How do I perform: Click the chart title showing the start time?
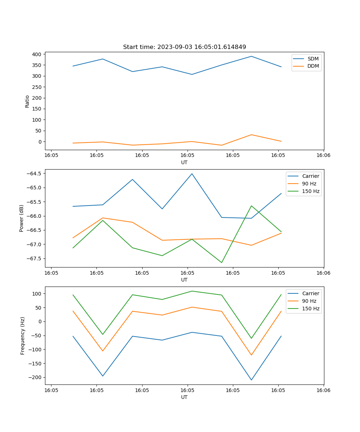coord(184,47)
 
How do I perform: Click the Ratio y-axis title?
coord(27,102)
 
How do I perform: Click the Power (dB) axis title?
coord(22,218)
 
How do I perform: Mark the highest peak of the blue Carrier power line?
coord(192,174)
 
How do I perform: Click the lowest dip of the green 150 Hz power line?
coord(222,262)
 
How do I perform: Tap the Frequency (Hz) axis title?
coord(23,336)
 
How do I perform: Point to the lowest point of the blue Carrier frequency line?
coord(251,380)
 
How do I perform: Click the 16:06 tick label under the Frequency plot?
coord(323,390)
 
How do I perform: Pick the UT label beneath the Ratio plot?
coord(184,162)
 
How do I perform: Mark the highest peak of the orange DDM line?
coord(251,135)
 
